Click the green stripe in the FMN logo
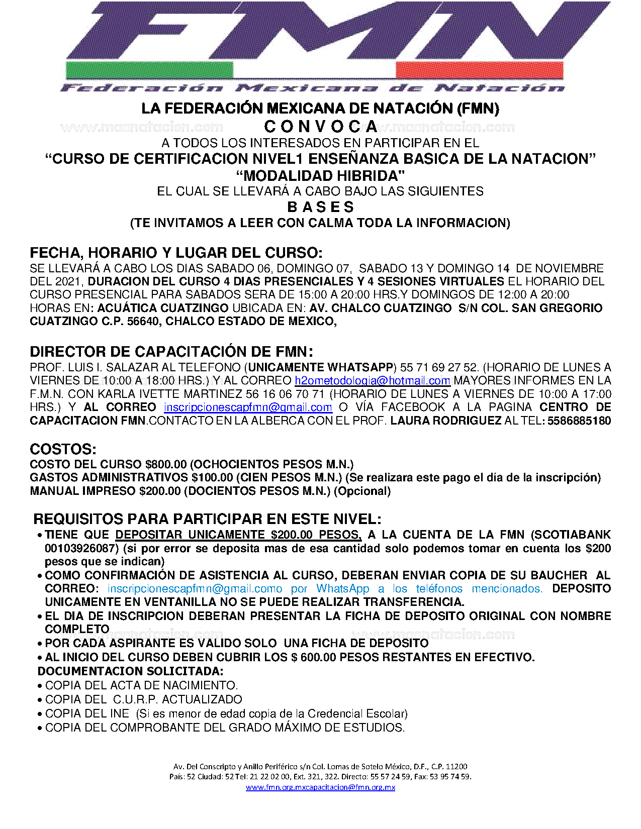[x=149, y=70]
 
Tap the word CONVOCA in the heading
[x=321, y=127]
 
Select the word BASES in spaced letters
[x=321, y=207]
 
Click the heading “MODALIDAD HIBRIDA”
[x=321, y=176]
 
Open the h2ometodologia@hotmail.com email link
[x=372, y=381]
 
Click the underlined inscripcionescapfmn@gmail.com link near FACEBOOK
[x=248, y=407]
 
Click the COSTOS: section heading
[x=63, y=449]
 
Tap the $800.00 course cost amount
[x=166, y=464]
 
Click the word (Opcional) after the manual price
[x=362, y=491]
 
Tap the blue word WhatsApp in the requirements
[x=342, y=588]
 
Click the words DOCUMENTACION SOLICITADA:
[x=131, y=671]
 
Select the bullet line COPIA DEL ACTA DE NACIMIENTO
[x=141, y=685]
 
